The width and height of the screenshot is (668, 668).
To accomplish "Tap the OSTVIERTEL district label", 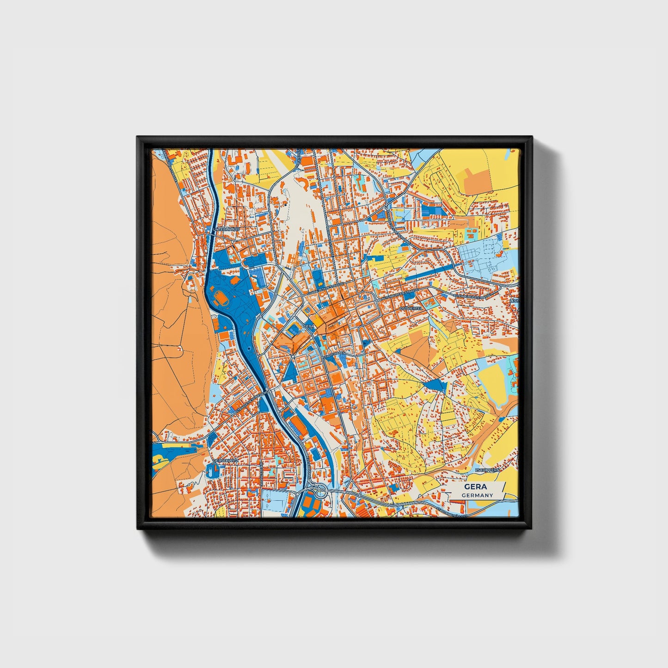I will point(411,307).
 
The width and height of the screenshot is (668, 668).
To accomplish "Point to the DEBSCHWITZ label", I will point(225,461).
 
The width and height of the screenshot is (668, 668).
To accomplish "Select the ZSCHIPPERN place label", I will point(487,470).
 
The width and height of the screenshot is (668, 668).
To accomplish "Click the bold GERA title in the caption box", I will point(476,487).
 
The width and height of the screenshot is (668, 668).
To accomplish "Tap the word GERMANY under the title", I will point(477,495).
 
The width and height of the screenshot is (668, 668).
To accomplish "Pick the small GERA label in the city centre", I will point(308,326).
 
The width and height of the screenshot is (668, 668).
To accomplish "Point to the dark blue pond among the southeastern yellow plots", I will point(435,385).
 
